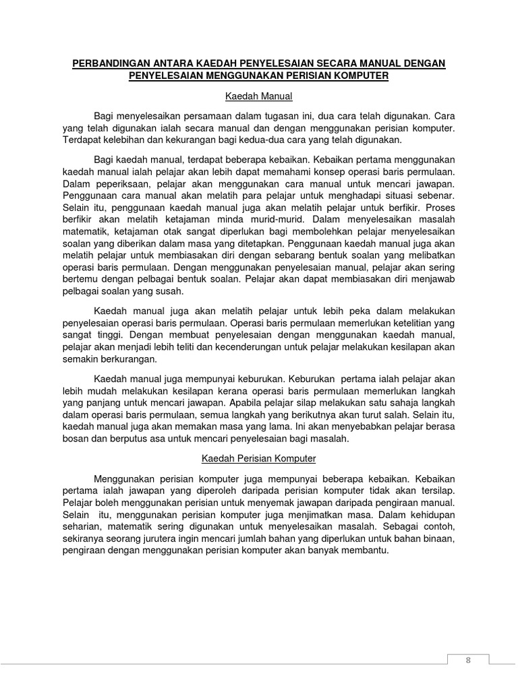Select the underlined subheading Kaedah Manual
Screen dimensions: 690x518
(259, 96)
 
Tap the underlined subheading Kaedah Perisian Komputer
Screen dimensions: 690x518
(259, 458)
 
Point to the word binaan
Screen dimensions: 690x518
(438, 538)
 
